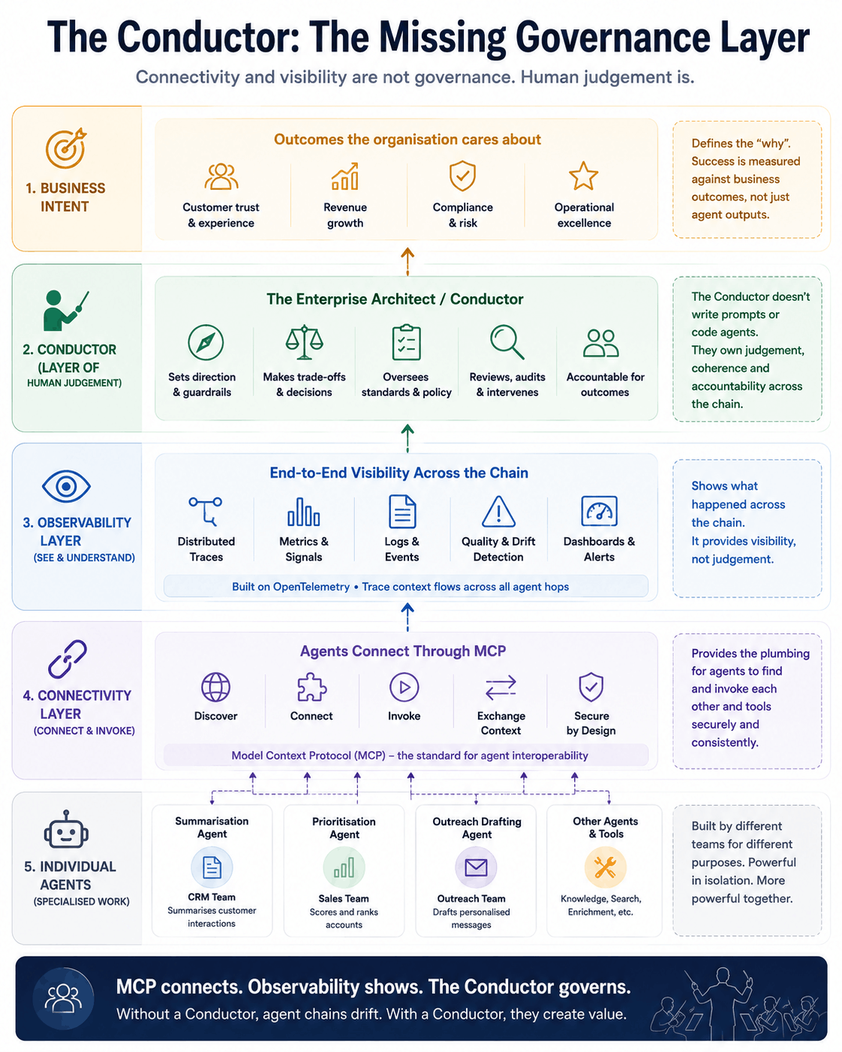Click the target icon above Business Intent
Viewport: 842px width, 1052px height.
click(66, 148)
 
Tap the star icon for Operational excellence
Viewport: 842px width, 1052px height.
click(583, 176)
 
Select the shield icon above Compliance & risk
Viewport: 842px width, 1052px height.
click(462, 176)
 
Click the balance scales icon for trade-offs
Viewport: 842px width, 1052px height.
click(304, 341)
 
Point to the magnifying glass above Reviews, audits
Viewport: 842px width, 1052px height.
click(507, 342)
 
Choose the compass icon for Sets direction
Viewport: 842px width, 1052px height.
click(206, 342)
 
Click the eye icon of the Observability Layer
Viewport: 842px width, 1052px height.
click(66, 486)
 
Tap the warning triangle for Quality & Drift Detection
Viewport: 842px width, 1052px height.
click(498, 511)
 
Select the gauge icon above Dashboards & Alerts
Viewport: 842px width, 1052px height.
click(599, 511)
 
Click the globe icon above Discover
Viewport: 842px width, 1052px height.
click(215, 687)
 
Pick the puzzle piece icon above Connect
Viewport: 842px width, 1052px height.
click(311, 687)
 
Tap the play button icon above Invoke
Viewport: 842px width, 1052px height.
click(404, 687)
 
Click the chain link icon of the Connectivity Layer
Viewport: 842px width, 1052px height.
click(67, 659)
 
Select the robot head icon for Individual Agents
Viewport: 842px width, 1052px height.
click(66, 830)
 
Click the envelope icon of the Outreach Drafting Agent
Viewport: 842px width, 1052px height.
click(476, 867)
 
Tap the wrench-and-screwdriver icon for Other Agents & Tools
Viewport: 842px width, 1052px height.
click(605, 867)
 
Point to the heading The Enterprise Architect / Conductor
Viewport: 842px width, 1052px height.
click(395, 299)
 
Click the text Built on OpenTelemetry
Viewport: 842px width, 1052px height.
click(290, 587)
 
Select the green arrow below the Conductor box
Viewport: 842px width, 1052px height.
click(407, 438)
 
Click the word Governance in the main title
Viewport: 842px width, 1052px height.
click(613, 38)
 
